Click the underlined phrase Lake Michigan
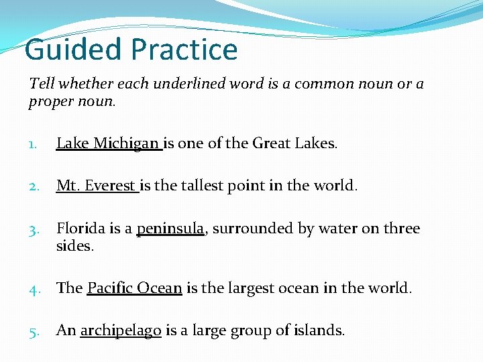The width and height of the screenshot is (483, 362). pyautogui.click(x=108, y=143)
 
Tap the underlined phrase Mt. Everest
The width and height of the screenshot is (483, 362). pyautogui.click(x=96, y=186)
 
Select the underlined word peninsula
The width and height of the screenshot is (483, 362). pyautogui.click(x=170, y=229)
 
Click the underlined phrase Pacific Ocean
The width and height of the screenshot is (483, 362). pyautogui.click(x=135, y=288)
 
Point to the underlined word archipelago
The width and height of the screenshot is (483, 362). pyautogui.click(x=121, y=330)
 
